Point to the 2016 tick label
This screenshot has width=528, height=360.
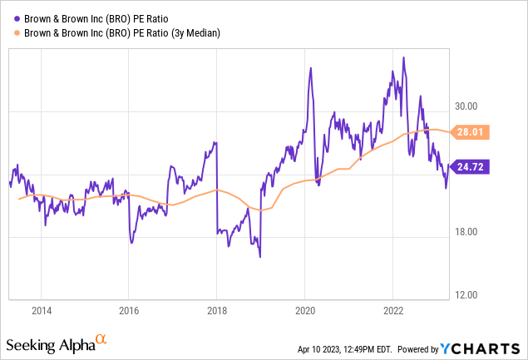click(x=128, y=311)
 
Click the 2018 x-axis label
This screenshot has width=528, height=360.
click(x=216, y=311)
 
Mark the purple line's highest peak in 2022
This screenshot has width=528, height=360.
click(x=403, y=57)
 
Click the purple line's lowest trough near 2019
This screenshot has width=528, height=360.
click(x=259, y=256)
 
